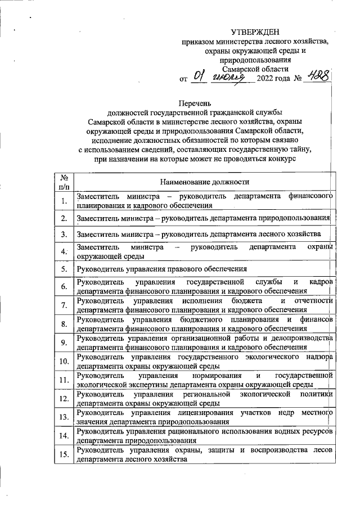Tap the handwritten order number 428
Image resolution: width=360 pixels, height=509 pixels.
(x=316, y=77)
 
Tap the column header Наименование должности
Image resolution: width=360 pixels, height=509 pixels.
(x=204, y=182)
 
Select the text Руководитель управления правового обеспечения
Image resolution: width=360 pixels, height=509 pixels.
(x=162, y=269)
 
